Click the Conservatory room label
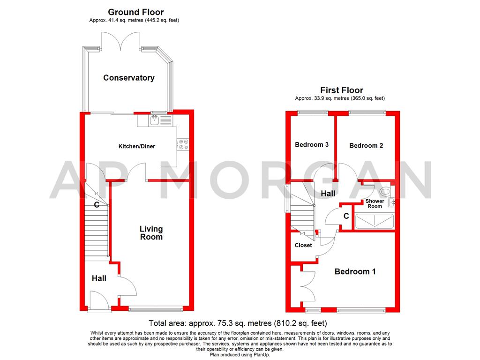coord(129,78)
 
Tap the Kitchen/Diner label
coord(136,146)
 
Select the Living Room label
coord(151,232)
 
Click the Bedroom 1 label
coord(355,271)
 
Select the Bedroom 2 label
coord(366,145)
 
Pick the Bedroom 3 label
coord(312,144)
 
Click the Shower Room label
coord(375,203)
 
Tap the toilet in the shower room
coord(385,191)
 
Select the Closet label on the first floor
coord(303,245)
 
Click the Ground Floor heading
coord(136,12)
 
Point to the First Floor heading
coord(342,90)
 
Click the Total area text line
coord(238,323)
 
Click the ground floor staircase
coord(96,232)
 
